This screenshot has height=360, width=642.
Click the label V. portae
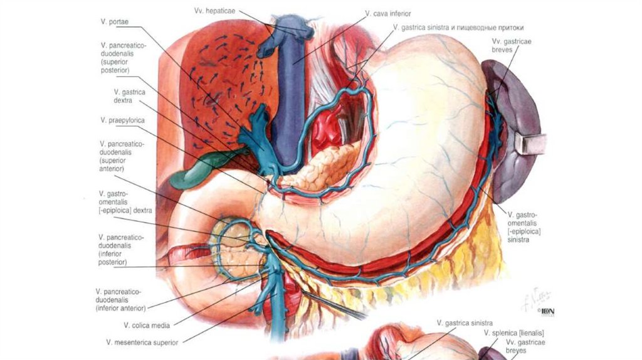click(114, 22)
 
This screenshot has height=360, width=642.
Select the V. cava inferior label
click(389, 13)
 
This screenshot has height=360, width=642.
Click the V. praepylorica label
click(121, 120)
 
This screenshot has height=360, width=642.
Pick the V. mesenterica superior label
click(142, 342)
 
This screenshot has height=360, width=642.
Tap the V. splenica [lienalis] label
click(513, 332)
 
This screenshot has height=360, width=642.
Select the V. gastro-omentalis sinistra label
click(524, 227)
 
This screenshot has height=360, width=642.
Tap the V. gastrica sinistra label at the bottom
click(464, 323)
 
